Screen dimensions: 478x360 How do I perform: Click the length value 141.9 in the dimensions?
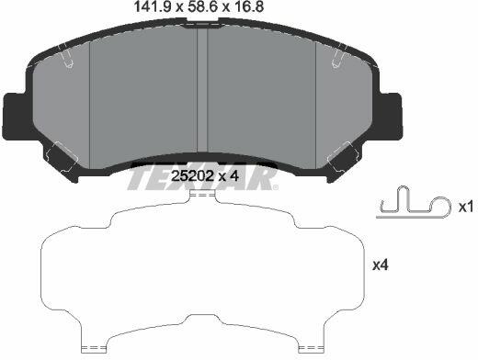click(153, 6)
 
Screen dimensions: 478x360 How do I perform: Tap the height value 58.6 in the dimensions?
click(201, 6)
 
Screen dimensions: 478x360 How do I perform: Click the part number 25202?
click(192, 176)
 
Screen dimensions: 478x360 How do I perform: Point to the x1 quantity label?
click(466, 208)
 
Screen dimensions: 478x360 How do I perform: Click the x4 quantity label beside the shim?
click(381, 264)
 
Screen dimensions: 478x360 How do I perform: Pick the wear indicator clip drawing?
click(414, 203)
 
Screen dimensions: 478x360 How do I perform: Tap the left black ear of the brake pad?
click(16, 117)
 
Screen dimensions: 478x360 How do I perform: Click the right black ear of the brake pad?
click(391, 117)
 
